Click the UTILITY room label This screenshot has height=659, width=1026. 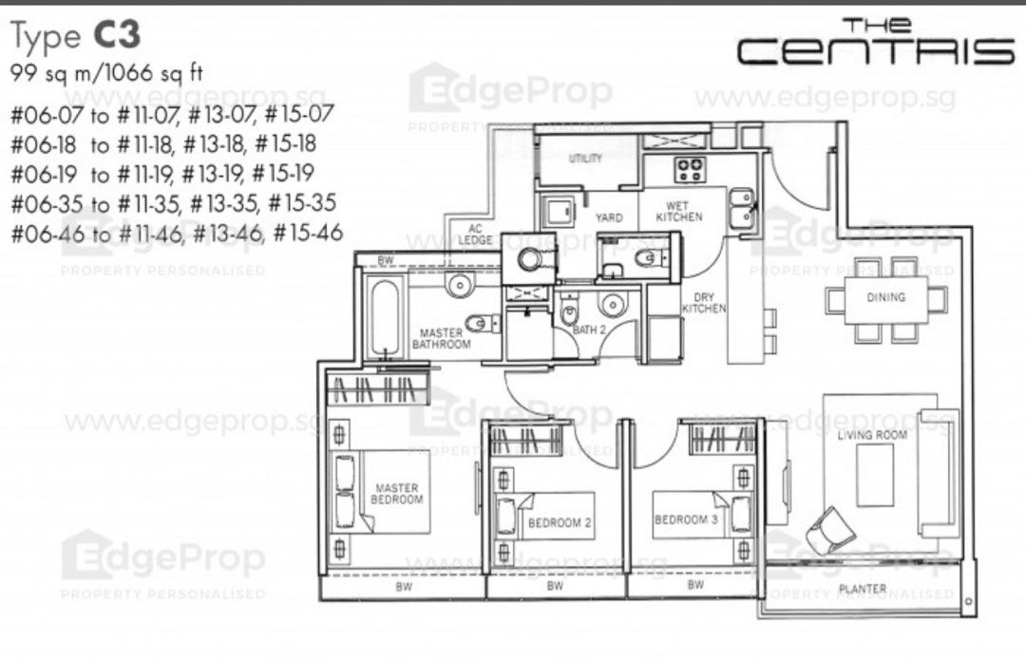point(585,159)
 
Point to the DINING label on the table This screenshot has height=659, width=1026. point(885,297)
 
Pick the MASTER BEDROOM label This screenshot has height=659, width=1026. point(396,494)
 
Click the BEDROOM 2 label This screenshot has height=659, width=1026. point(560,522)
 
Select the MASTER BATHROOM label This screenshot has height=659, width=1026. point(442,339)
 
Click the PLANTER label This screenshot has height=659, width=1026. point(862,590)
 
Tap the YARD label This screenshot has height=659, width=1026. point(608,217)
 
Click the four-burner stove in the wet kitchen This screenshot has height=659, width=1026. point(690,171)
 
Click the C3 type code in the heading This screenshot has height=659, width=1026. point(117,36)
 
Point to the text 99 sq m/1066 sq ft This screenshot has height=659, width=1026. point(105,72)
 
